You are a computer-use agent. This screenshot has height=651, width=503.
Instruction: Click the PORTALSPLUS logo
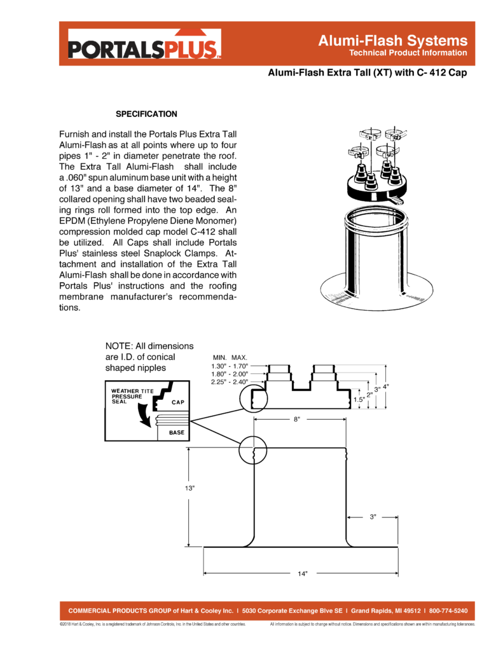coord(144,45)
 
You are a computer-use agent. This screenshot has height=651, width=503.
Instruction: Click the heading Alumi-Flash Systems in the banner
coord(392,40)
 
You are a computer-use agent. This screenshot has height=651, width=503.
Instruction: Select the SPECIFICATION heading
coord(146,114)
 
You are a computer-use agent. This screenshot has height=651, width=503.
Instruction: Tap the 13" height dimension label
coord(189,488)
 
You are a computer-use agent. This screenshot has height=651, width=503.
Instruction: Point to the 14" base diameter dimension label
coord(303,574)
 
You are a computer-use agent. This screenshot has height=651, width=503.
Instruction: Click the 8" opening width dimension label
coord(296,420)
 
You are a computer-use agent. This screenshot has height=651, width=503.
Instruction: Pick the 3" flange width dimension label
coord(373,517)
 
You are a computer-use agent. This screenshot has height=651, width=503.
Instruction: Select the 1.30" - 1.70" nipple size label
coord(230,366)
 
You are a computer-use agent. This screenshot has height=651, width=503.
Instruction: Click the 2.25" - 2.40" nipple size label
coord(230,382)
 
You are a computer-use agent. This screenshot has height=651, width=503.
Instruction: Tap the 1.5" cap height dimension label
coord(359,400)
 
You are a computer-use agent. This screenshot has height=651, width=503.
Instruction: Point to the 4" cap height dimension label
coord(386,387)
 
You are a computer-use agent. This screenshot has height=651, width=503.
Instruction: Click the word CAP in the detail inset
coord(178,402)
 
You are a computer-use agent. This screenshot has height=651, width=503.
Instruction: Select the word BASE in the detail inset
coord(177,432)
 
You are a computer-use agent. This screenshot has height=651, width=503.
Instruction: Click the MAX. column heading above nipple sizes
coord(239,357)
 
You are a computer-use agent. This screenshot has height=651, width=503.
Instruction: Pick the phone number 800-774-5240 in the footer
coord(448,611)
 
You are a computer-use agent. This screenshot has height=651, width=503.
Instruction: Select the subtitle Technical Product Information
coord(408,53)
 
